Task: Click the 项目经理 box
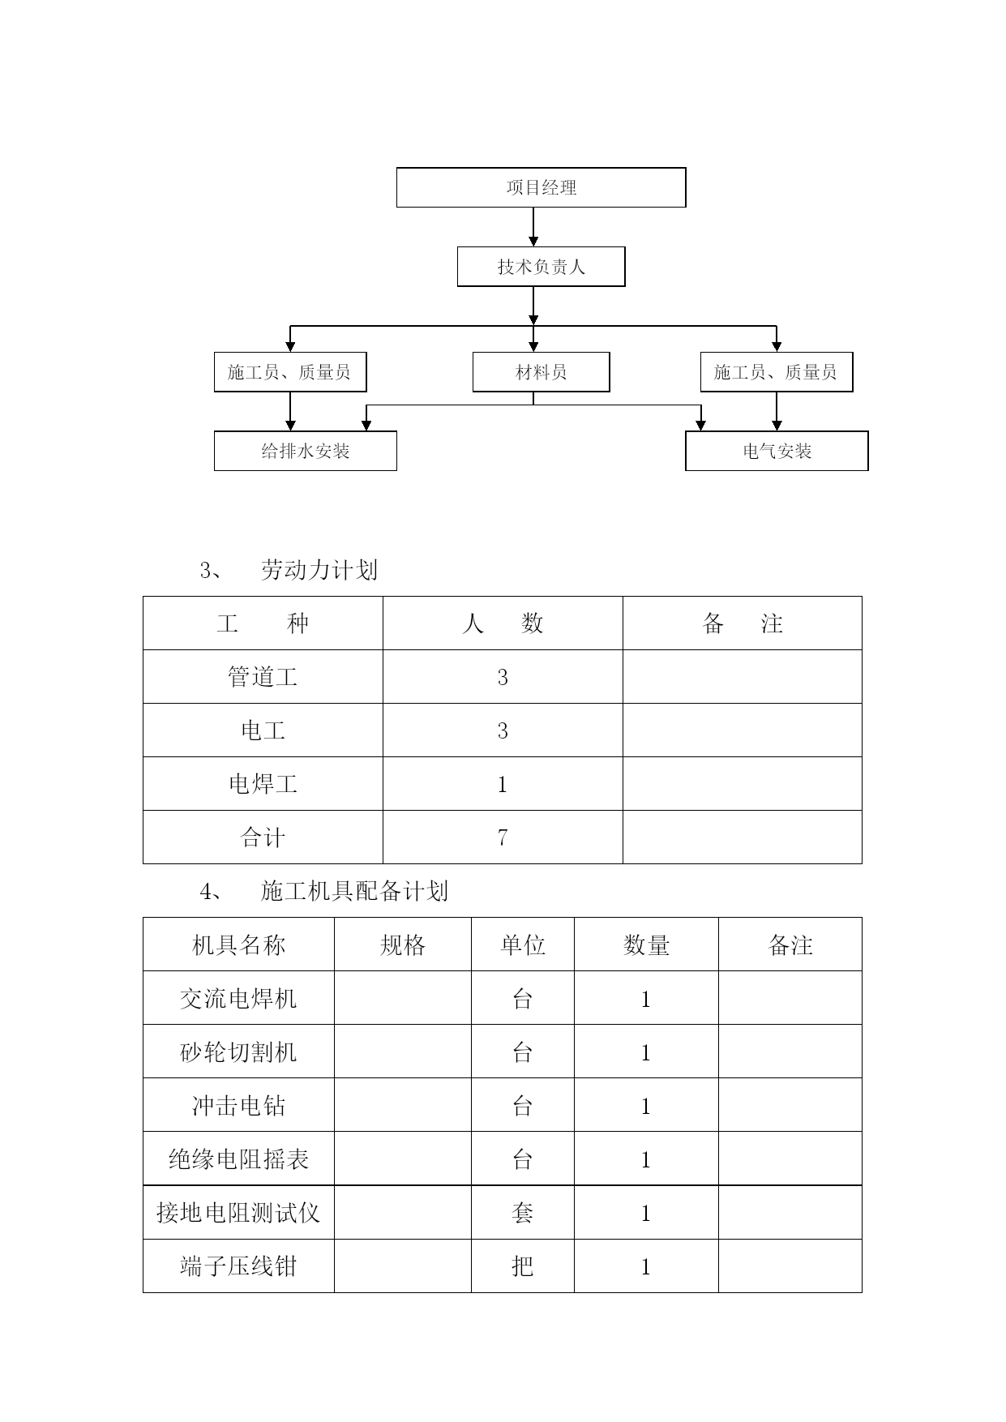[x=541, y=187]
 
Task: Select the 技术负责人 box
[x=541, y=267]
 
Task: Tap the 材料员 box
[x=541, y=372]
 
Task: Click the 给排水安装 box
[x=305, y=451]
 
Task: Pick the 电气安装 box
[x=777, y=451]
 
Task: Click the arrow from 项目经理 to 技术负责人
[x=533, y=227]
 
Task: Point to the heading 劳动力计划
[x=319, y=571]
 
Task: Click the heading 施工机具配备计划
[x=354, y=892]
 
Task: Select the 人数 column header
[x=503, y=623]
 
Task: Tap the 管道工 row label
[x=263, y=677]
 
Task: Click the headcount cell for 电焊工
[x=503, y=784]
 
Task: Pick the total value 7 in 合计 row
[x=503, y=837]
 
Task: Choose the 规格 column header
[x=403, y=944]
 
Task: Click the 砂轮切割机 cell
[x=238, y=1052]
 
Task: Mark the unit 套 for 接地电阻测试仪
[x=523, y=1212]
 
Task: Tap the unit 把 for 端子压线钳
[x=523, y=1266]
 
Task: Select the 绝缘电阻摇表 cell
[x=238, y=1159]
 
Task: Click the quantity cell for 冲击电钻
[x=646, y=1105]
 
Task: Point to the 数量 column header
[x=646, y=944]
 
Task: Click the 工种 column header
[x=263, y=623]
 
